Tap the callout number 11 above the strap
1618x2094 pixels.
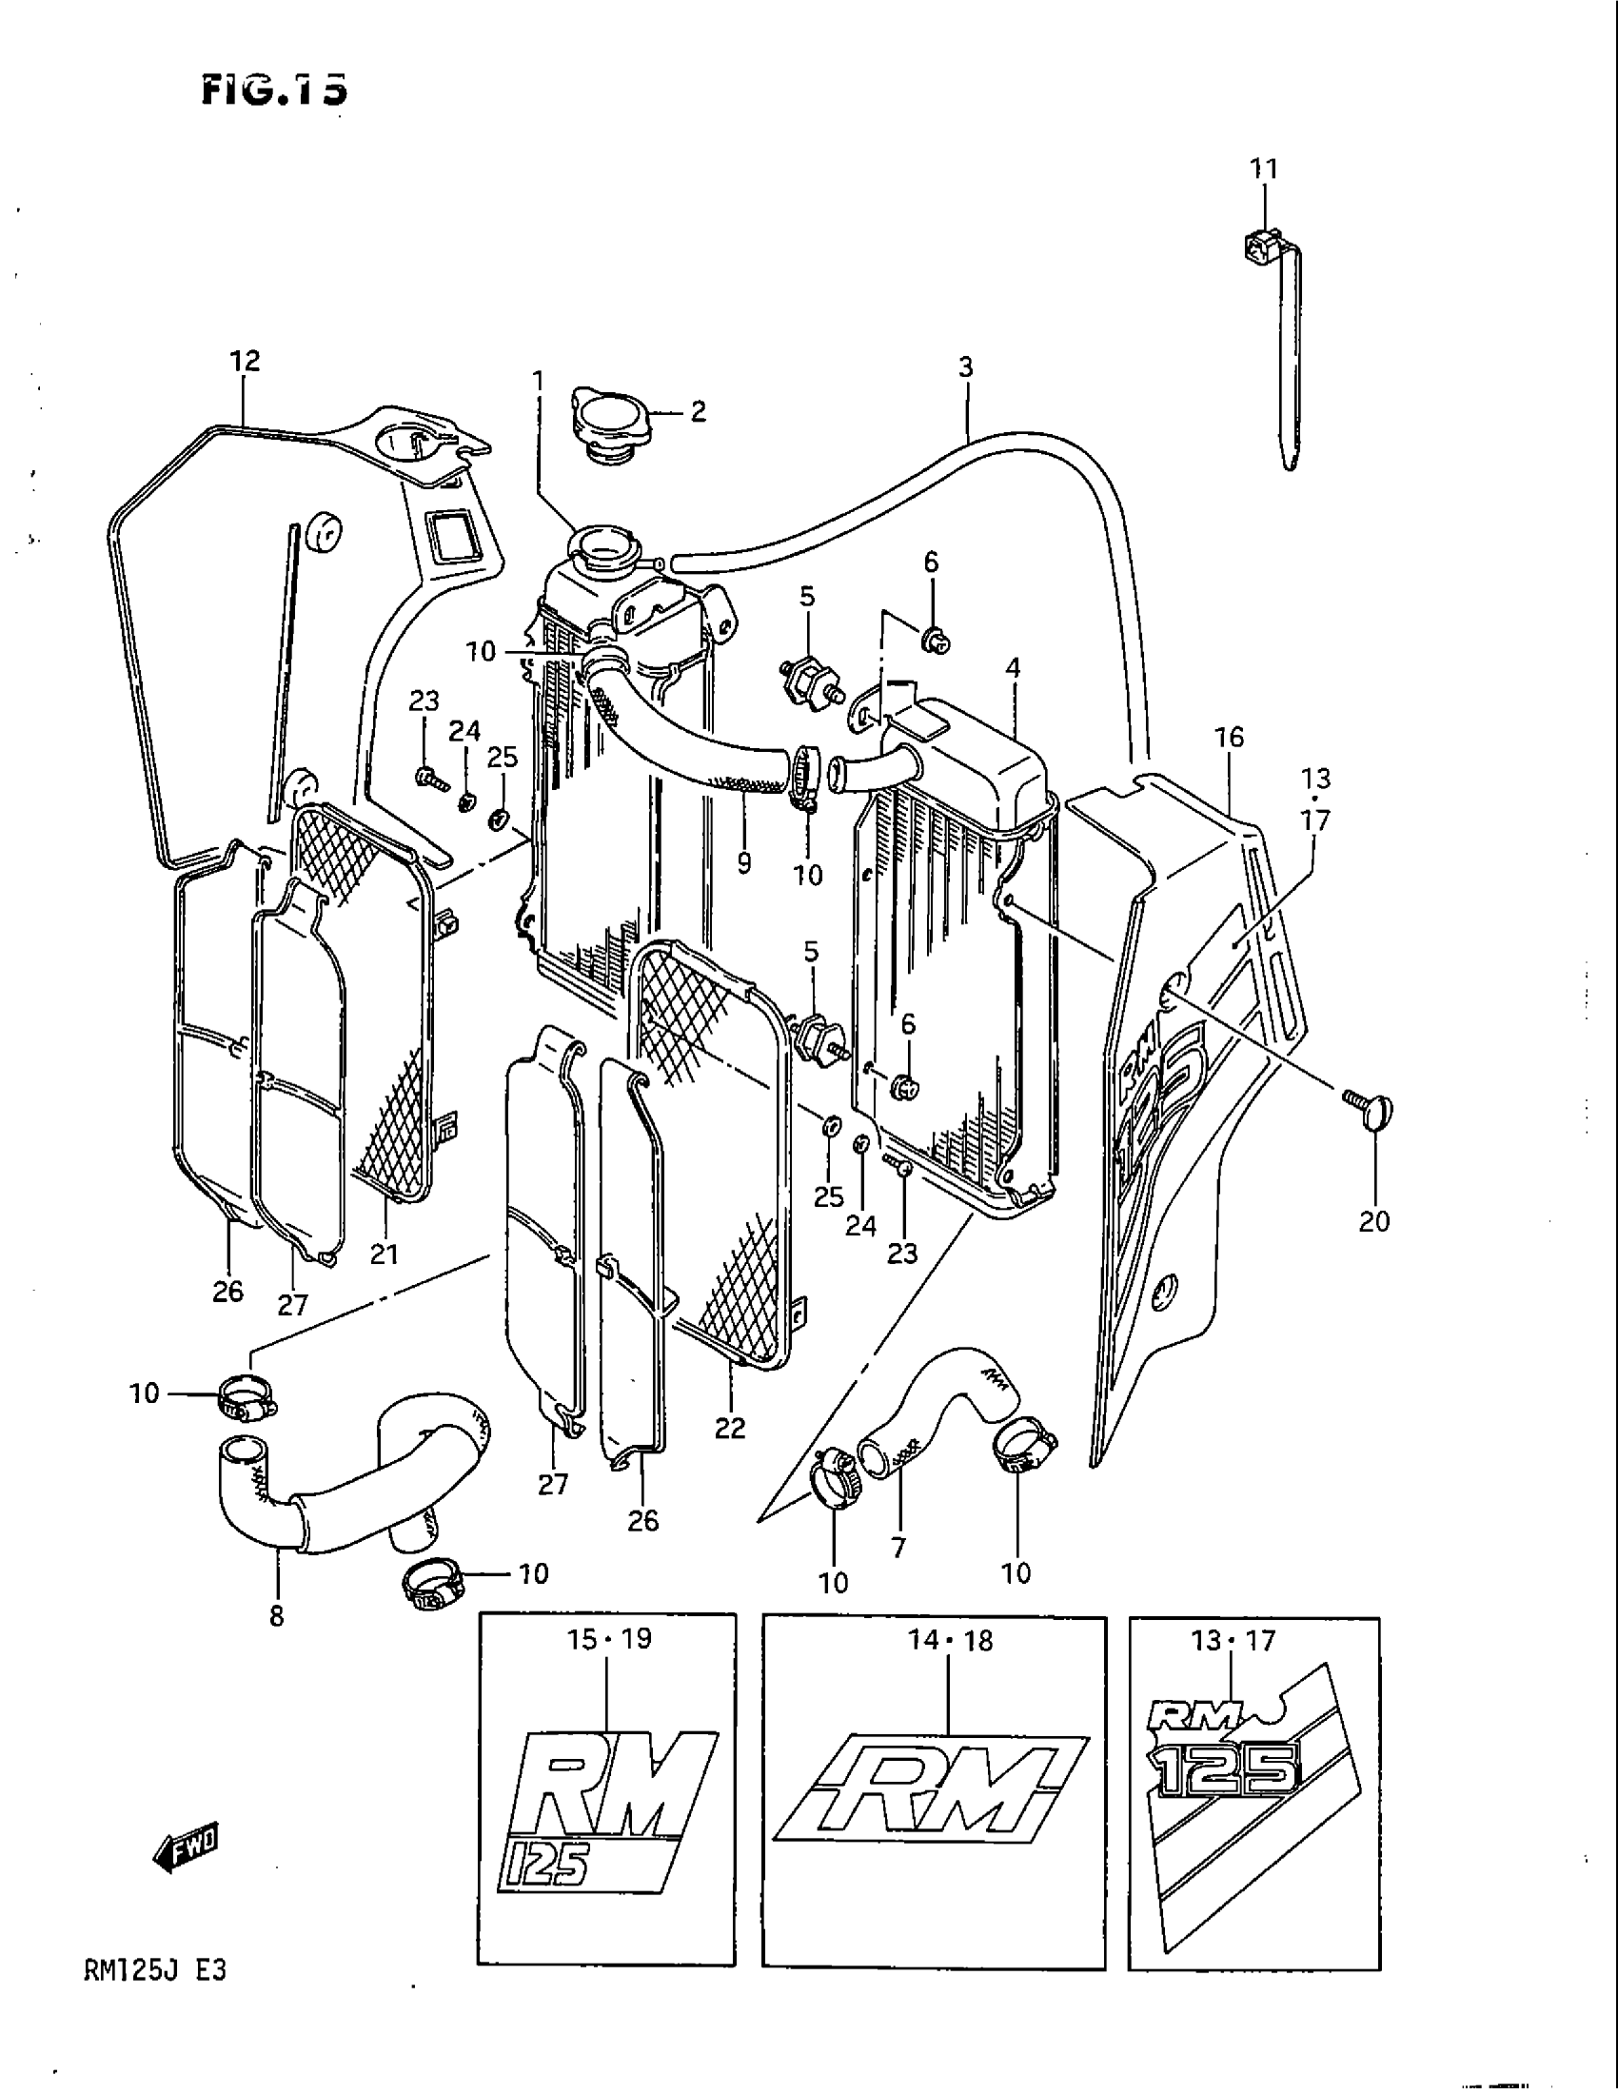[1264, 168]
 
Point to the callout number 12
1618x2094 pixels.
[245, 361]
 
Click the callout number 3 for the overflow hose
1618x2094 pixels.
[965, 366]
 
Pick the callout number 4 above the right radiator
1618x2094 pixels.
[1014, 668]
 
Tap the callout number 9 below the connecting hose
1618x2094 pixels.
[745, 862]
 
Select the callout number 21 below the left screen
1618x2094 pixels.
[385, 1254]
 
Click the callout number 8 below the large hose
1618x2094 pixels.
[277, 1616]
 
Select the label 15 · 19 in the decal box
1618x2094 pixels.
[609, 1639]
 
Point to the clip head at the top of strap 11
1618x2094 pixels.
[1258, 249]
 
